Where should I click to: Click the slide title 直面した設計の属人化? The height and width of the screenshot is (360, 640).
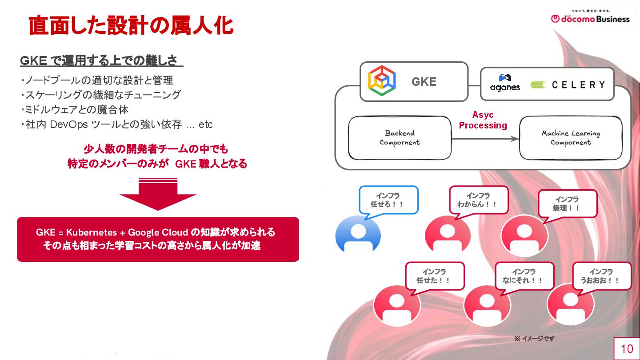[x=131, y=26]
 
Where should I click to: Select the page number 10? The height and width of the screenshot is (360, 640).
[x=627, y=349]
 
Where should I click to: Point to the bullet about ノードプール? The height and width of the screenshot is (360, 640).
[x=96, y=80]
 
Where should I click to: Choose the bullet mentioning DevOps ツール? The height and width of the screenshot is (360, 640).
[x=116, y=124]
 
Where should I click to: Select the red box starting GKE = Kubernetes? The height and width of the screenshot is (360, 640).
[x=158, y=239]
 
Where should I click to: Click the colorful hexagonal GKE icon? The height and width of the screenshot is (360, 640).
[x=382, y=81]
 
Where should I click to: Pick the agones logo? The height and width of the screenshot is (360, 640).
[x=505, y=83]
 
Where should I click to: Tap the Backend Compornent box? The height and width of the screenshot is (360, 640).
[x=400, y=138]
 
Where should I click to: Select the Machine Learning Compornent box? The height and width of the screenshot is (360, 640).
[x=570, y=138]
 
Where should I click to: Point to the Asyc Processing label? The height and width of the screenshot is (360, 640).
[x=483, y=120]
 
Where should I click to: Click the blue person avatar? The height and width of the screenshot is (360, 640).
[x=358, y=235]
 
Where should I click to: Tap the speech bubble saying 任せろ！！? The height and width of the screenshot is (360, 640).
[x=388, y=200]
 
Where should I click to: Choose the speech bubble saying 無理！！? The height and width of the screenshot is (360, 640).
[x=567, y=204]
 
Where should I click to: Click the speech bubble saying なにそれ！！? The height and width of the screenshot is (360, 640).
[x=524, y=276]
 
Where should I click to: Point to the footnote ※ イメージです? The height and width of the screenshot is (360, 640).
[x=534, y=339]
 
